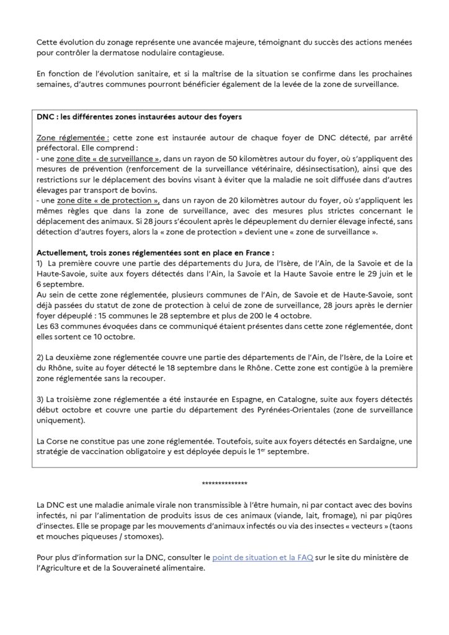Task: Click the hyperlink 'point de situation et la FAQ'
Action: tap(262, 557)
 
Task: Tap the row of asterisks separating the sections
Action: tap(225, 483)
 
